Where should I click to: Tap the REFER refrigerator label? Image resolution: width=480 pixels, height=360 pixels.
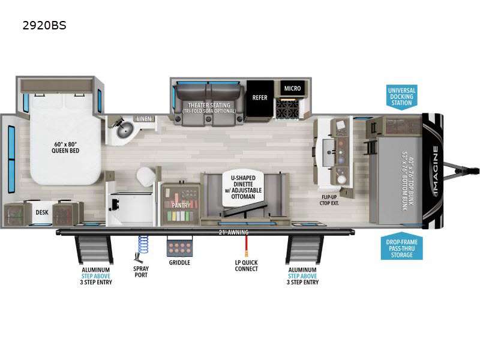click(x=260, y=97)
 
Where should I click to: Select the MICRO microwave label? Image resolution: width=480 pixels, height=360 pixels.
click(x=292, y=89)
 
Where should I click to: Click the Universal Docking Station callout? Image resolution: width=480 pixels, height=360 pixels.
click(x=401, y=96)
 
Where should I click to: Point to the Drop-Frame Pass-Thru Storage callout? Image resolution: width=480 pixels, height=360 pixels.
click(x=401, y=247)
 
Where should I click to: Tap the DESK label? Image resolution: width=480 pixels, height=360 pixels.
click(x=41, y=212)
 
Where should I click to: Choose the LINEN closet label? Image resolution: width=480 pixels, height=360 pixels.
click(x=144, y=119)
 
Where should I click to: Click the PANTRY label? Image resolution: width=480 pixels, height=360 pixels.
click(x=181, y=205)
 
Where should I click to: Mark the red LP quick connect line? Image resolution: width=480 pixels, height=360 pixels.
click(x=246, y=247)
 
